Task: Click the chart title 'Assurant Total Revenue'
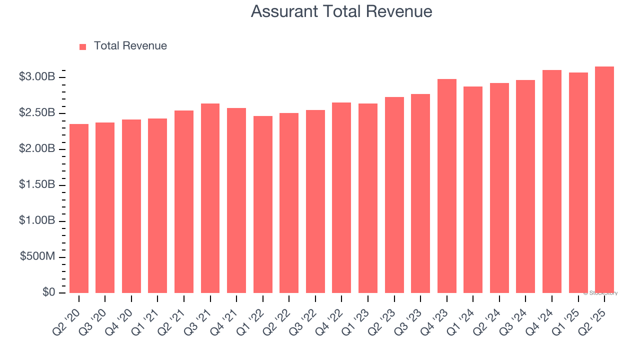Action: coord(341,11)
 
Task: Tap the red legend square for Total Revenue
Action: coord(83,46)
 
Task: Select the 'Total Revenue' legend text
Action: coord(130,46)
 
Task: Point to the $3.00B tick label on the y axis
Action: coord(36,77)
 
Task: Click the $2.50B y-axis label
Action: coord(36,113)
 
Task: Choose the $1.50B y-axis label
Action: coord(36,185)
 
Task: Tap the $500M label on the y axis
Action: coord(37,256)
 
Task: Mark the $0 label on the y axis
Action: coord(48,292)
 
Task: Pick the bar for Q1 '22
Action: coord(263,204)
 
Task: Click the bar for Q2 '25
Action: coord(604,180)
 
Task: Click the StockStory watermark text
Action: coord(601,293)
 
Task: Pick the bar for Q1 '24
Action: coord(473,190)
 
